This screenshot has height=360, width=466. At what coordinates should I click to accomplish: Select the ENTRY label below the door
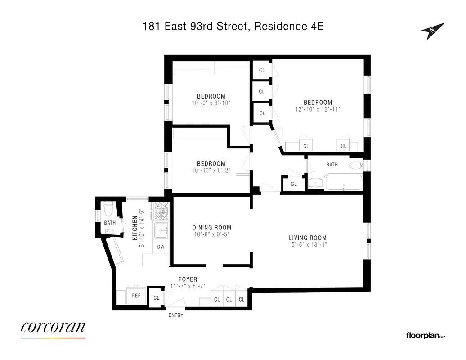pyautogui.click(x=176, y=315)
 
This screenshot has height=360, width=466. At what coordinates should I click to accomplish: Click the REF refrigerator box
pyautogui.click(x=136, y=296)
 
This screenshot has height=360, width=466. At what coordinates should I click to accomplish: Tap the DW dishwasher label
pyautogui.click(x=161, y=247)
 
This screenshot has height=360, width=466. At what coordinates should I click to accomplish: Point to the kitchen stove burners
pyautogui.click(x=161, y=211)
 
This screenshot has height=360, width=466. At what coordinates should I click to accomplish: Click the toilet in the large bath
pyautogui.click(x=356, y=165)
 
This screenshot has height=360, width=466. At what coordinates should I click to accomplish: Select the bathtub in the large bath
pyautogui.click(x=344, y=183)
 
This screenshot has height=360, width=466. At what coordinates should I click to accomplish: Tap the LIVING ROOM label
pyautogui.click(x=308, y=238)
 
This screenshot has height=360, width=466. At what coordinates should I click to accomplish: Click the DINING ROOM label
pyautogui.click(x=211, y=228)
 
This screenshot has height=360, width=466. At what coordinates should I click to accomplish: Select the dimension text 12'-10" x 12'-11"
pyautogui.click(x=318, y=109)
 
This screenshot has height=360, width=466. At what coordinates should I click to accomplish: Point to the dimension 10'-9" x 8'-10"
pyautogui.click(x=211, y=103)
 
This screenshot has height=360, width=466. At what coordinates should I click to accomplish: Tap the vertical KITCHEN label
pyautogui.click(x=134, y=227)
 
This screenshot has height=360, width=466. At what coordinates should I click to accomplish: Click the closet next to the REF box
pyautogui.click(x=157, y=297)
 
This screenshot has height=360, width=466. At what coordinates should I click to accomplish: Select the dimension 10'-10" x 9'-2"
pyautogui.click(x=211, y=171)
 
